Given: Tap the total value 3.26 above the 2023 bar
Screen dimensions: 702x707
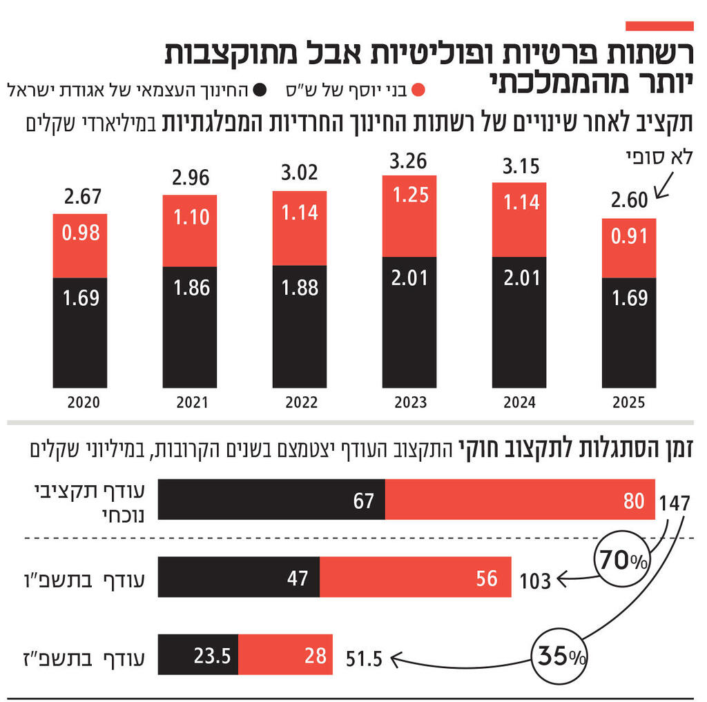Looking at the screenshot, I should click(408, 162).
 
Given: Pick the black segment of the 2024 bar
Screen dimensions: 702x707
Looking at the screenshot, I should click(519, 322).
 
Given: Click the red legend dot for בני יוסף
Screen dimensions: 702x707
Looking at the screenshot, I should click(417, 90).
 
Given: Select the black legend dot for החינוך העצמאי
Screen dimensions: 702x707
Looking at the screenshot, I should click(260, 90).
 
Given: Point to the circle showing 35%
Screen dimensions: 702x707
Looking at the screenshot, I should click(559, 654).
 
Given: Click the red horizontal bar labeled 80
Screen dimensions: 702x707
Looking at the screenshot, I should click(520, 500).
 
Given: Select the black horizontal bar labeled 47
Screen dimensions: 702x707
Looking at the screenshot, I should click(239, 578).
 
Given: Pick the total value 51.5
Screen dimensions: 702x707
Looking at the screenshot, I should click(364, 659).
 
